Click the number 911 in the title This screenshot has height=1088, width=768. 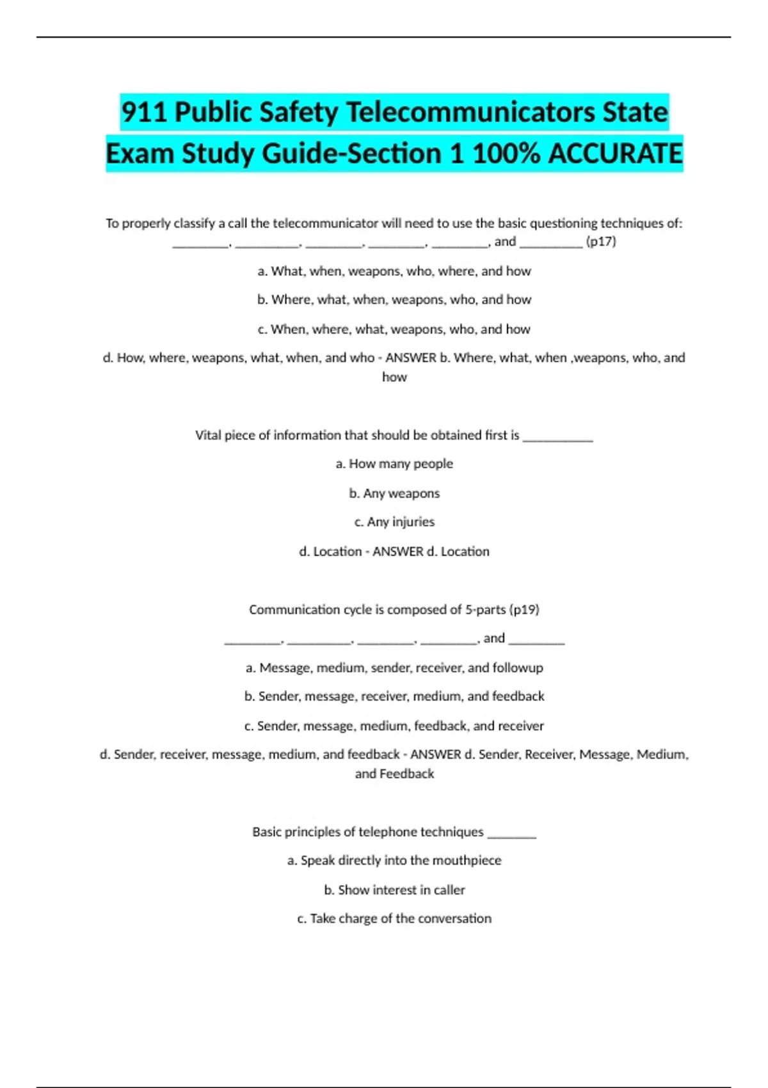coord(145,113)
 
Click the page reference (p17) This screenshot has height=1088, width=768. coord(601,241)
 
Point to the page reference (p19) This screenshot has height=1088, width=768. coord(524,609)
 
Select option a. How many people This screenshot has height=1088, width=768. coord(394,463)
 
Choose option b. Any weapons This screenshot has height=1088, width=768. coord(394,493)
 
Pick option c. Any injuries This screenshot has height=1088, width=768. coord(394,522)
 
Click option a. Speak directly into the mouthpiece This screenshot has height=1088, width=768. coord(394,860)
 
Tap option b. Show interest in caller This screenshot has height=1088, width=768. coord(394,890)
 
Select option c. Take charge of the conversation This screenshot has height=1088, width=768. coord(394,918)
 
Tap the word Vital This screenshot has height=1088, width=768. coord(207,435)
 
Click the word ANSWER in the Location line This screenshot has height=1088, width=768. coord(397,551)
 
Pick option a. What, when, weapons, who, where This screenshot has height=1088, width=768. coord(394,271)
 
